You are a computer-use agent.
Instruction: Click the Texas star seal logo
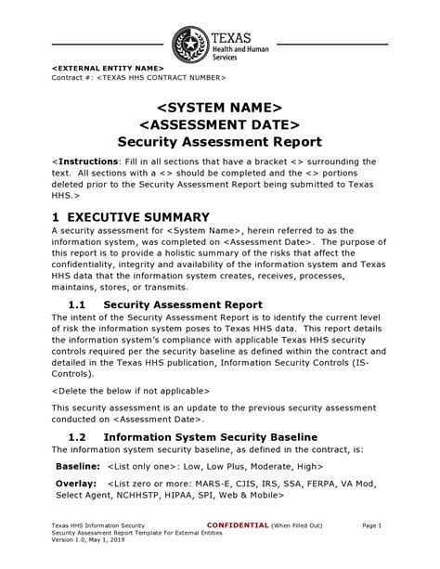(190, 45)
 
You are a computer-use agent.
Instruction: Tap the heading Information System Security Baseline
(211, 436)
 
